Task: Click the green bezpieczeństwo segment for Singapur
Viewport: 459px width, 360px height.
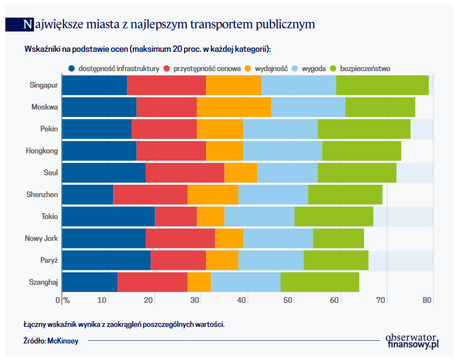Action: [x=382, y=85]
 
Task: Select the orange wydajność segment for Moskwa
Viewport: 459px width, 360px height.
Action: [x=234, y=107]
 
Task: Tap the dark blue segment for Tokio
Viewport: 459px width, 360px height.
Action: [x=108, y=216]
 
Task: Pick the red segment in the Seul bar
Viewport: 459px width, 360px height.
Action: [x=185, y=173]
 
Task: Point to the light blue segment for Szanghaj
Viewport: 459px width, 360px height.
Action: [x=246, y=282]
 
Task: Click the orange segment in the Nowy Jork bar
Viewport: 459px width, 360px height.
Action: [x=229, y=238]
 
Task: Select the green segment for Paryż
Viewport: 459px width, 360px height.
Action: [x=336, y=260]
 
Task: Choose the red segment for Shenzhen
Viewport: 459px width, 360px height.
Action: [x=150, y=195]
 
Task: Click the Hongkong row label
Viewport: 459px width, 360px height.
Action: [x=42, y=151]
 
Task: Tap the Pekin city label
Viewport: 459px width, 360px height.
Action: [x=49, y=129]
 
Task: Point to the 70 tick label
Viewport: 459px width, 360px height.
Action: [x=381, y=300]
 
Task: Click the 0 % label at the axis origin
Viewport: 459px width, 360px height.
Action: [x=63, y=300]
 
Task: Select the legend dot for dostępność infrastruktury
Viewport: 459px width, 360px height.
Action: [x=72, y=69]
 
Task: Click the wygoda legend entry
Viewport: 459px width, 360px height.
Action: [x=313, y=69]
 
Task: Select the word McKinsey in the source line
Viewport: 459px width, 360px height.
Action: [x=62, y=341]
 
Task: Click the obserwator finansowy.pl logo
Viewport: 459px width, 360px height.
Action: [x=411, y=341]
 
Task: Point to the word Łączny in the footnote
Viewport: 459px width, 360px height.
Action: [x=35, y=324]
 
